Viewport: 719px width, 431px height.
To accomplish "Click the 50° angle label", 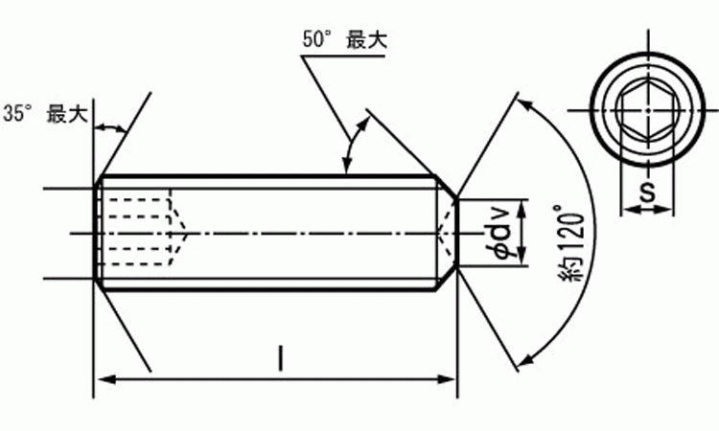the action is tap(317, 39).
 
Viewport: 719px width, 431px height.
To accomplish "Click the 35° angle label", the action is tap(18, 113).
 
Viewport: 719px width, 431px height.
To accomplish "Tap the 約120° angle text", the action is tap(571, 243).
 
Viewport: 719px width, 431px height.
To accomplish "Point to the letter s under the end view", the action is tap(647, 192).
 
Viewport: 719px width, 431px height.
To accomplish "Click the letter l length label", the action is tap(281, 358).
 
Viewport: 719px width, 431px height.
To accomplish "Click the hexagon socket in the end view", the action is tap(647, 110).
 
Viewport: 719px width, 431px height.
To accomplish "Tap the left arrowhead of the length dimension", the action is tap(106, 379).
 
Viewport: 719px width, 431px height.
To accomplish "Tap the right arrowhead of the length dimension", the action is tap(446, 379).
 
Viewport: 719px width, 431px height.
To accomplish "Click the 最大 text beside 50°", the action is tap(366, 39).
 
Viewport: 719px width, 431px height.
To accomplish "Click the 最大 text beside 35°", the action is tap(67, 114).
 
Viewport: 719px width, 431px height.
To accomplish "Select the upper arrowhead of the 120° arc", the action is tap(526, 104).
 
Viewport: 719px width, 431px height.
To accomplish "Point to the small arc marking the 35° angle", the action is tap(110, 127).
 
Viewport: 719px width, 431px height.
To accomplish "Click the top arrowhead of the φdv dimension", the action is tap(522, 208).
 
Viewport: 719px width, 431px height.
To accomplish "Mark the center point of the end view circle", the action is tap(647, 110).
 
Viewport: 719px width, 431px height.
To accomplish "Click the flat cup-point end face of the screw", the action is tap(457, 232).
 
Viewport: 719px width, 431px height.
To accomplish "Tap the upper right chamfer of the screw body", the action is tap(445, 187).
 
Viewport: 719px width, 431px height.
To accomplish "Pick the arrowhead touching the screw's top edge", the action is tap(347, 167).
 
